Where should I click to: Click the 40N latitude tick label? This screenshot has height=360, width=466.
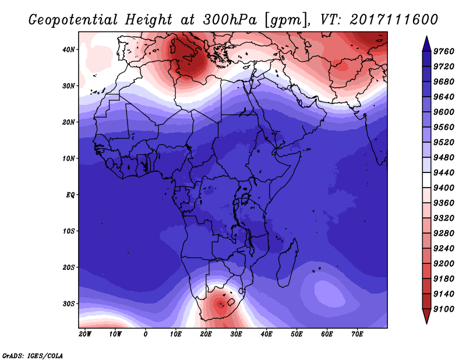(x=69, y=50)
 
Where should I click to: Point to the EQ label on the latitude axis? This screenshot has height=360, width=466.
(x=70, y=195)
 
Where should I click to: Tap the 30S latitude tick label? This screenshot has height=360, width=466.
(x=69, y=303)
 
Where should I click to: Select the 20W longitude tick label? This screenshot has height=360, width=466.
(x=85, y=334)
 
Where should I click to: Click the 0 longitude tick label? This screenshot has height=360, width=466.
(x=146, y=334)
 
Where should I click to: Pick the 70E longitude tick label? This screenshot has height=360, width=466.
(x=358, y=334)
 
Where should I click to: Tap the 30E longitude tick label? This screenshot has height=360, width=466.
(x=236, y=334)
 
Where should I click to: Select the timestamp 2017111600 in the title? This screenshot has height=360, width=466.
(x=394, y=19)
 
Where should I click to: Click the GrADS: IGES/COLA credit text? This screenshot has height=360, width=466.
(x=33, y=355)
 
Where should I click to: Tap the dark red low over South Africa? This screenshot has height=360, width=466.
(x=220, y=303)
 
